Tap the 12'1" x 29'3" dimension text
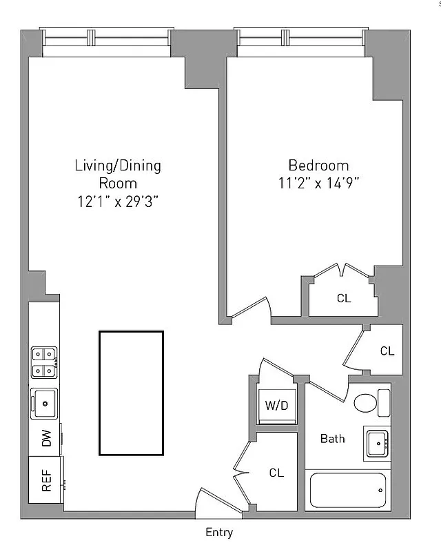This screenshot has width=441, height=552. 118,201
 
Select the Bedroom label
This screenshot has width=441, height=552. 318,166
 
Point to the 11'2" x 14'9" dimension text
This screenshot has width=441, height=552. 318,184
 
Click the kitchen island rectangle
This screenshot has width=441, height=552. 131,393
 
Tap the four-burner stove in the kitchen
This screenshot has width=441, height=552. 43,362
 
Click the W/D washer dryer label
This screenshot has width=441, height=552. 276,406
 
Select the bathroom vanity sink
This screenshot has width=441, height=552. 377,443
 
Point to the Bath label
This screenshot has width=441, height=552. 333,438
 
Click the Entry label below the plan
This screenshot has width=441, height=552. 219,532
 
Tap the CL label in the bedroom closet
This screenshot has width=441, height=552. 344,299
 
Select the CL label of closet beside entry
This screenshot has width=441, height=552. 276,473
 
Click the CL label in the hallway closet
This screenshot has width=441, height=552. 387,351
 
